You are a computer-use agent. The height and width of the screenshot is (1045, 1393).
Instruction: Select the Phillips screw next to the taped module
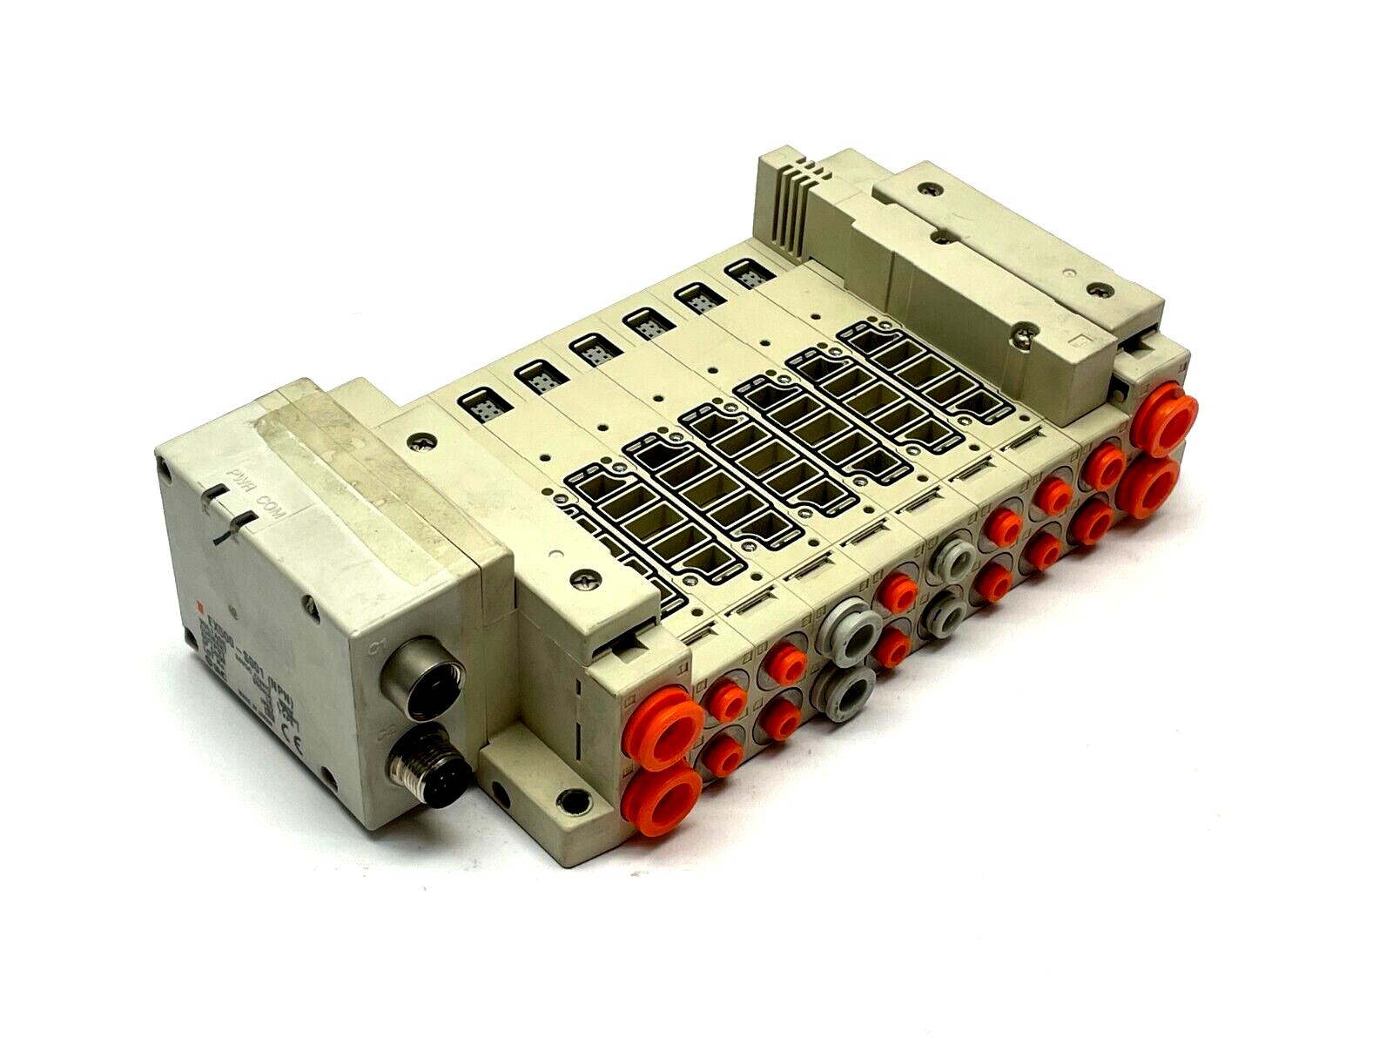click(x=424, y=443)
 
